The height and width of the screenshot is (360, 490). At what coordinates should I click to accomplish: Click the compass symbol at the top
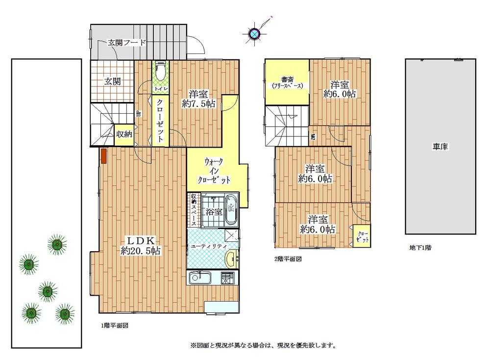[x=254, y=33]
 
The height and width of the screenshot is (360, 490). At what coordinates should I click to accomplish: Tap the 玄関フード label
[x=127, y=43]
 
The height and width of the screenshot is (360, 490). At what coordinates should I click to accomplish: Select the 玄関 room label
[x=112, y=81]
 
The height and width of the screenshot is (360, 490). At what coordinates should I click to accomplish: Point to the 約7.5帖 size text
[x=198, y=104]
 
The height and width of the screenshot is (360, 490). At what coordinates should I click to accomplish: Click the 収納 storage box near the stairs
[x=123, y=134]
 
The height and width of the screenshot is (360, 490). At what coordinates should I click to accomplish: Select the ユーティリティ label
[x=208, y=247]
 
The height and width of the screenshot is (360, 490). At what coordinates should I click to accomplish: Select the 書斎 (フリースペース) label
[x=287, y=82]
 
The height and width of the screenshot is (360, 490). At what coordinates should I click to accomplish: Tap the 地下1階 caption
[x=420, y=248]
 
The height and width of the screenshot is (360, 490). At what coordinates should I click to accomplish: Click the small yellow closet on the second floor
[x=362, y=236]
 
